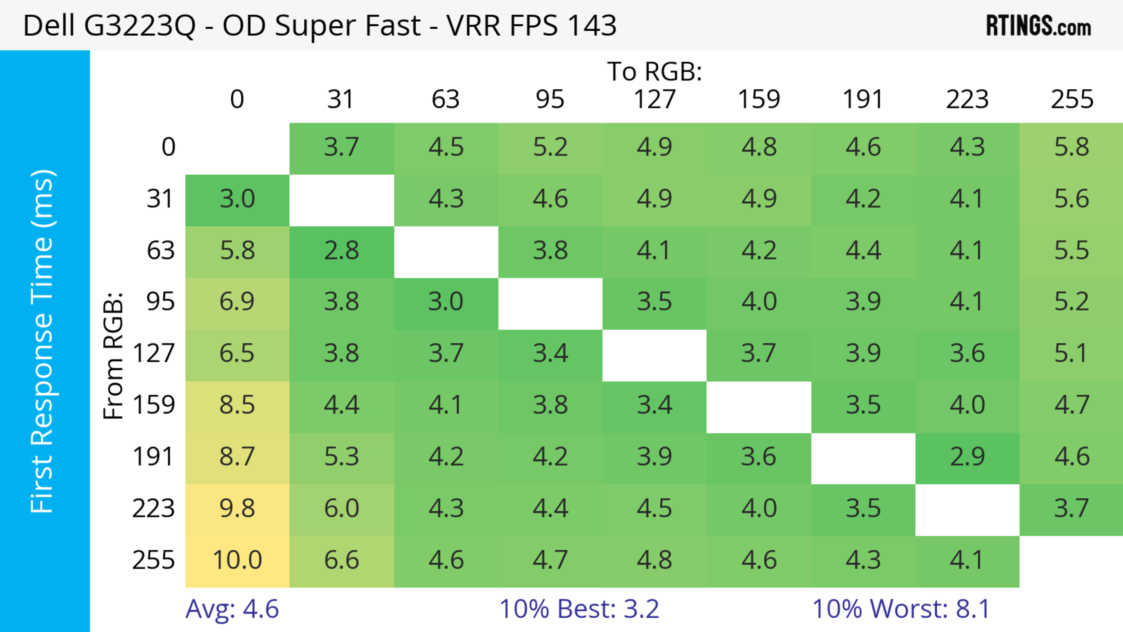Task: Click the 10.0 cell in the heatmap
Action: pos(237,560)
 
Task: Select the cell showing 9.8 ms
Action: pos(237,509)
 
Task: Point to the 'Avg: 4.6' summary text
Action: pos(232,609)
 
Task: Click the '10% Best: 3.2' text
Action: pos(579,609)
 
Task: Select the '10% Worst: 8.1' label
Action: pos(901,609)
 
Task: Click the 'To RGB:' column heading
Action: pos(654,71)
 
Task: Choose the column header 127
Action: pos(654,99)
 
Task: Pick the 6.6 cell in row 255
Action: pos(341,560)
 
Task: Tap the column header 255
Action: pos(1072,99)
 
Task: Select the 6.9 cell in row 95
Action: pos(237,302)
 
